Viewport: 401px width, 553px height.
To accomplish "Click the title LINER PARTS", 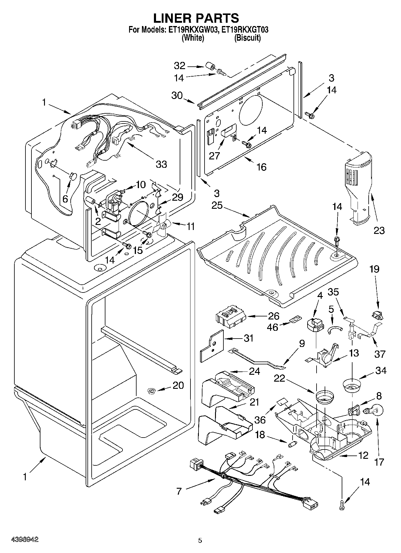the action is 196,18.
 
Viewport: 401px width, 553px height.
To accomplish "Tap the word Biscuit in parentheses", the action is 247,38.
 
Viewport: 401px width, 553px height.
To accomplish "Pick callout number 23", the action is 379,231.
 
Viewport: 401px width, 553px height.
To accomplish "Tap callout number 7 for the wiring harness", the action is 179,491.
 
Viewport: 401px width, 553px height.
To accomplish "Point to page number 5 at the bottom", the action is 200,540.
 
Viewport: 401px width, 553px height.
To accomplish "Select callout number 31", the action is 249,338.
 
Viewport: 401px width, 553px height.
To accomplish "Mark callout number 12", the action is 363,456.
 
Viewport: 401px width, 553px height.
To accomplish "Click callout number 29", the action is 177,197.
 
